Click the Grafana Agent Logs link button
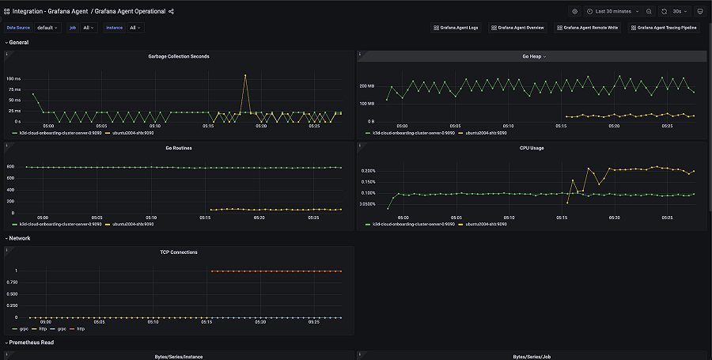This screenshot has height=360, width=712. coord(456,28)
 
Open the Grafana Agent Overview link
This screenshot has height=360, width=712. coord(517,28)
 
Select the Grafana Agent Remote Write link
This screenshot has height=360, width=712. coord(586,28)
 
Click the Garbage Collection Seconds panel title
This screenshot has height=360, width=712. coord(179,56)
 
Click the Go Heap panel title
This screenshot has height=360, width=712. coord(531,56)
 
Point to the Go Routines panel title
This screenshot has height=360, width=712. coord(179,148)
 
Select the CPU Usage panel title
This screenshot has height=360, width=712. coord(531,148)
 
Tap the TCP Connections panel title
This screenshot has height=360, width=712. coord(179,252)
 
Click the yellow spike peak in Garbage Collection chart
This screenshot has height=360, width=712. coord(245,75)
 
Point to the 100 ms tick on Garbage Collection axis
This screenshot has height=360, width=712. coord(14,79)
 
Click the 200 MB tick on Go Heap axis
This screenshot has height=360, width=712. coord(365,85)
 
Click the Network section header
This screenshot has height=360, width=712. coord(19,237)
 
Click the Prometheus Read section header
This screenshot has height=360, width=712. coord(32,343)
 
